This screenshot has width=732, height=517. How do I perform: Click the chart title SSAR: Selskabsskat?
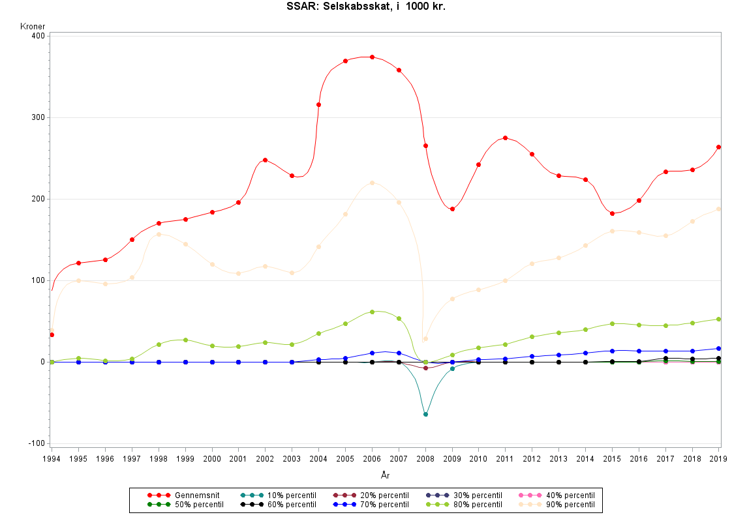click(366, 7)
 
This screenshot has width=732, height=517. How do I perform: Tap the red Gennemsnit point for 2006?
click(372, 57)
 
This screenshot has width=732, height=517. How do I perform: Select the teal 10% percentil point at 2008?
click(425, 415)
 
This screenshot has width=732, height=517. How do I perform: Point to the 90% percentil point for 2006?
click(372, 183)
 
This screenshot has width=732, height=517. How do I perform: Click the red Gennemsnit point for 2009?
click(452, 209)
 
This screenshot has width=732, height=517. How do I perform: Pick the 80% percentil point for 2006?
click(372, 312)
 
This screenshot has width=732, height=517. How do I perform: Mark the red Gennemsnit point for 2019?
click(719, 147)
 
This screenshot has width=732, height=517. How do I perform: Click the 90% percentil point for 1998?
click(159, 234)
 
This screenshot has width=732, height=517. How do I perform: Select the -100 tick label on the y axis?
click(35, 443)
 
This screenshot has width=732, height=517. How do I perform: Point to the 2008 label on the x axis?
click(425, 458)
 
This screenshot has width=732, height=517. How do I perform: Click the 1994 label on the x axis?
click(52, 458)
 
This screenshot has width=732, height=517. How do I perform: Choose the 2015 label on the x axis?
click(612, 458)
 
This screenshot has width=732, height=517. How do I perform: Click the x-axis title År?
click(386, 476)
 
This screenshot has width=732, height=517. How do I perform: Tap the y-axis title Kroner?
click(33, 27)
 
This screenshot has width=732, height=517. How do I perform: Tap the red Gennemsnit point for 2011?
click(506, 138)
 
